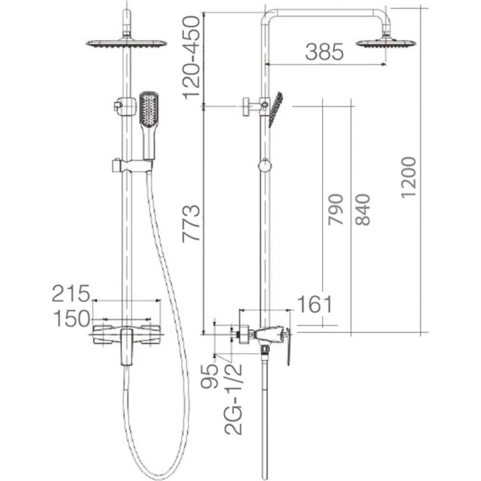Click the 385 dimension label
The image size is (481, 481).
325,51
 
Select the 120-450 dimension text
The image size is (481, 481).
191,58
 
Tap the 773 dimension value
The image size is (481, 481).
191,223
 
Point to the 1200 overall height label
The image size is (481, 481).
408,177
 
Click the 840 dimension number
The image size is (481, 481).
363,210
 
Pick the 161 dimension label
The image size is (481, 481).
315,304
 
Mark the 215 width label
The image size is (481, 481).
71,293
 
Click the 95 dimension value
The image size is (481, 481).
210,376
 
